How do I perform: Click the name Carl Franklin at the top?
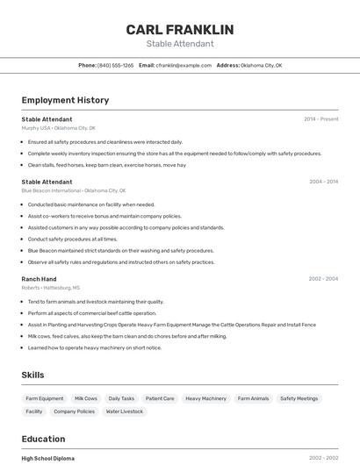coord(179,29)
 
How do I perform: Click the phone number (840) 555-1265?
coord(115,65)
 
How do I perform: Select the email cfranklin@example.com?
coord(184,65)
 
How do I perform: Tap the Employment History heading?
coord(65,100)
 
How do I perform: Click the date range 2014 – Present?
coord(320,119)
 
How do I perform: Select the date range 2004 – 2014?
coord(323,182)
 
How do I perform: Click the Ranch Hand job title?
coord(39,279)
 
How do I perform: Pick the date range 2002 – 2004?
coord(323,279)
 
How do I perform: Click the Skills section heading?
coord(32,375)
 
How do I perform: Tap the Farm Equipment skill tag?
coord(45,398)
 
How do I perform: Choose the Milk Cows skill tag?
coord(86,398)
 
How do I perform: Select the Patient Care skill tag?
coord(160,398)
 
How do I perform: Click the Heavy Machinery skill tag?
coord(205,398)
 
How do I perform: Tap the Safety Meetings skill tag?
coord(299,398)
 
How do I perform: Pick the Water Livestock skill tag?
coord(125,411)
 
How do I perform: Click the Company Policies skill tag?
coord(74,411)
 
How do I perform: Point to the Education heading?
coord(43,439)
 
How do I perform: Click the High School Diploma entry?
coord(48,458)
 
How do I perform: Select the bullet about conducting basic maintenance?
coord(91,204)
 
